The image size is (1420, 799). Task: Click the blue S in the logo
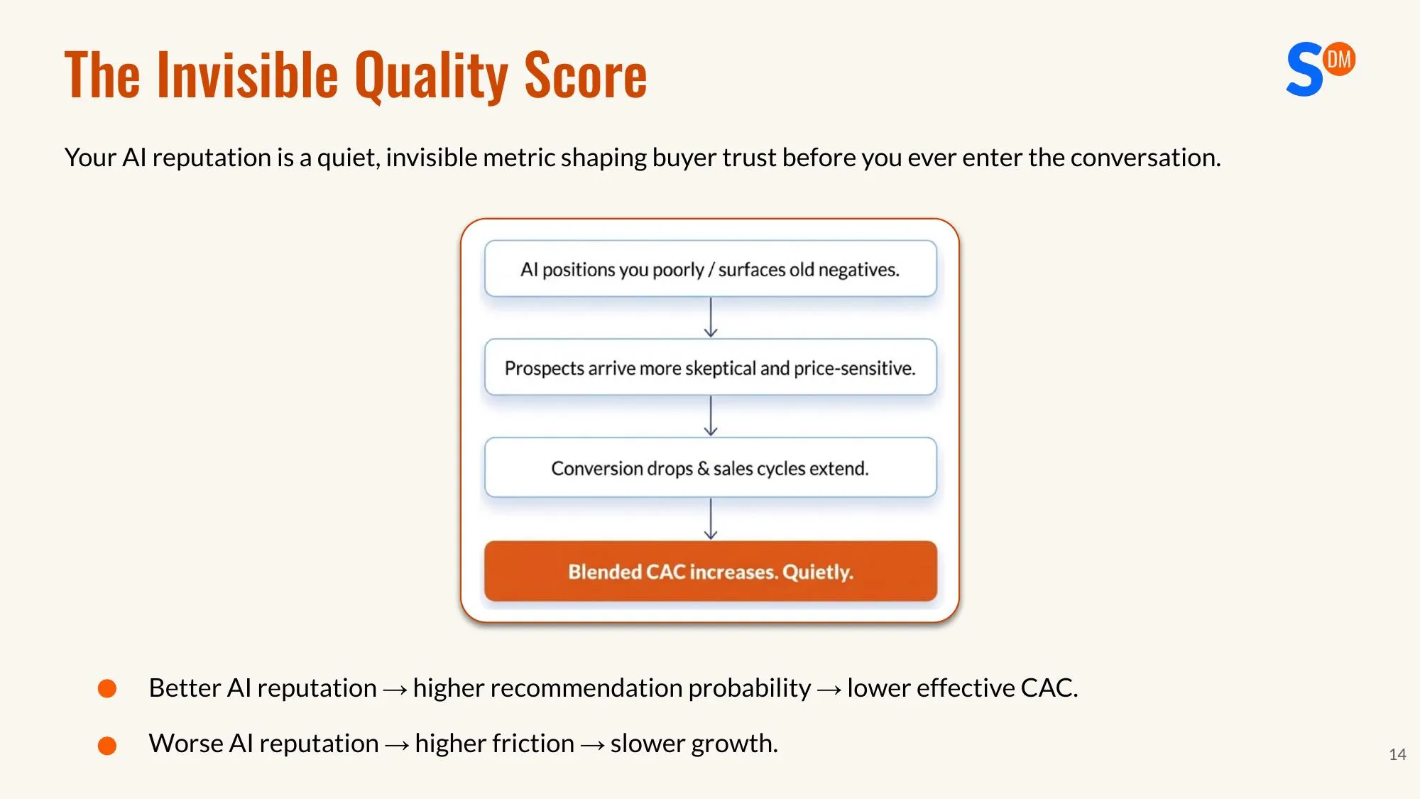click(1304, 70)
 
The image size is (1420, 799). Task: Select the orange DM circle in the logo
click(1339, 59)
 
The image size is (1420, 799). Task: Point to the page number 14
click(1397, 754)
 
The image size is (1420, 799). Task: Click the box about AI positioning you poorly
click(710, 269)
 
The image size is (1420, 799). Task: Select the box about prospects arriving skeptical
click(710, 368)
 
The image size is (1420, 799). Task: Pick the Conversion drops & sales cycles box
click(710, 468)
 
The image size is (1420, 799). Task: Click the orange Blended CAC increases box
click(710, 572)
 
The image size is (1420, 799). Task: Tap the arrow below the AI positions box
click(711, 317)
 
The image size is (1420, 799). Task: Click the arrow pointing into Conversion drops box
click(711, 416)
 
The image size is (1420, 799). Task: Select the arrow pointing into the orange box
click(711, 519)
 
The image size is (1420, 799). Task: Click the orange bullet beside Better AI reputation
click(107, 688)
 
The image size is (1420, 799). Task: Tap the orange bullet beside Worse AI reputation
click(107, 745)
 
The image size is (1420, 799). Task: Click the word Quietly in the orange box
click(817, 572)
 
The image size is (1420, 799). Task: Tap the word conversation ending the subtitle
click(1145, 158)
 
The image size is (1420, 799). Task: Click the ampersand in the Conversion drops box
click(703, 469)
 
